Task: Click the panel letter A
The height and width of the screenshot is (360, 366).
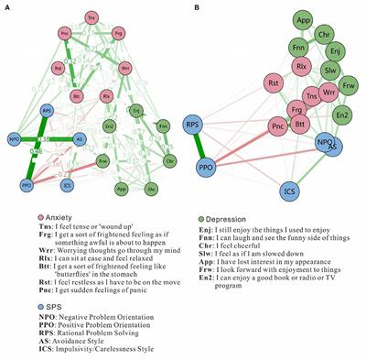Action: coord(8,8)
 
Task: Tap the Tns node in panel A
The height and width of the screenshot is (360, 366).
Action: coord(91,18)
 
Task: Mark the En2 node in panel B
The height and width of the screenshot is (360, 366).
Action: coord(343,115)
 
